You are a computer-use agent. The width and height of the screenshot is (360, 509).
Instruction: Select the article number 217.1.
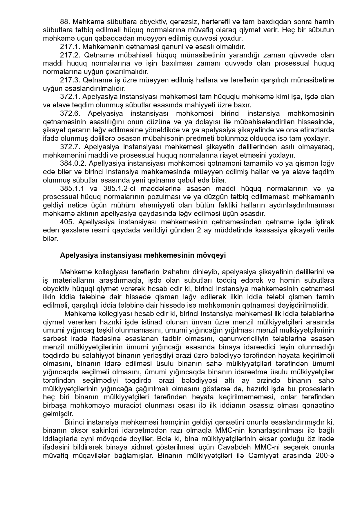(70, 47)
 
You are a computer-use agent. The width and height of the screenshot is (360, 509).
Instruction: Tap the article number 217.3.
(70, 80)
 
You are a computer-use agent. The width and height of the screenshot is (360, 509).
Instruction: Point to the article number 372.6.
(70, 113)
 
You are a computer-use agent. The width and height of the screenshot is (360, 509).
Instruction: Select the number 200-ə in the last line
(324, 456)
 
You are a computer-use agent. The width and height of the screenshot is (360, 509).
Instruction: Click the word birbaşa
(55, 405)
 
